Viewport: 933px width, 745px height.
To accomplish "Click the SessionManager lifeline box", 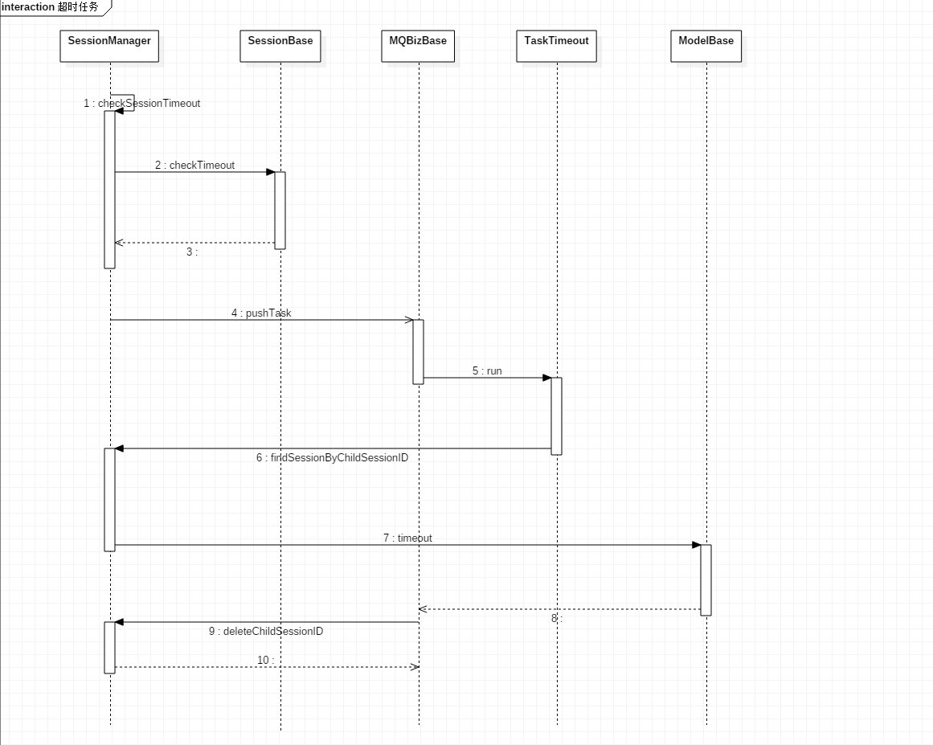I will point(109,46).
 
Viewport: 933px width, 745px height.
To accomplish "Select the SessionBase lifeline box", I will point(280,46).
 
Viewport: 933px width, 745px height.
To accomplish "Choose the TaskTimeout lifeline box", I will point(556,46).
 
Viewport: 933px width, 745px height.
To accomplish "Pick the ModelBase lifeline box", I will point(706,46).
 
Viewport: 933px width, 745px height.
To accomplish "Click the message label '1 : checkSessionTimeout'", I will point(142,104).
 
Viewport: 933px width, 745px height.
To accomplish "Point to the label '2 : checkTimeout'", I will point(195,166).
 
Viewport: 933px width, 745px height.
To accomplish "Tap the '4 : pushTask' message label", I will point(261,313).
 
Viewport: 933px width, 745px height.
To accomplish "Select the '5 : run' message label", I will point(487,371).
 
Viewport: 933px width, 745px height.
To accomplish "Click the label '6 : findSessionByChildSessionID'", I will point(333,458).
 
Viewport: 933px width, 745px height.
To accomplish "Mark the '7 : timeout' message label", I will point(407,538).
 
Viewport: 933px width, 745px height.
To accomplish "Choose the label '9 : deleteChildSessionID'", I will point(266,632).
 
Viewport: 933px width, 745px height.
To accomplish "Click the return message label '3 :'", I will point(192,252).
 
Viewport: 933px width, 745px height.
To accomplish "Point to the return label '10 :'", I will point(265,661).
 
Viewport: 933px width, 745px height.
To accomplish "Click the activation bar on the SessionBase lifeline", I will point(280,211).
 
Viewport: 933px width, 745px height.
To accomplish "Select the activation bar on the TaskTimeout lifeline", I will point(556,416).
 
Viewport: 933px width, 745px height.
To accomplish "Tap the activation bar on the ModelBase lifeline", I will point(706,580).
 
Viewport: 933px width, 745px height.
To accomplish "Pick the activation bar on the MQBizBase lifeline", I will point(418,352).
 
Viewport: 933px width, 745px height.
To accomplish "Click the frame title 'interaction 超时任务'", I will point(51,7).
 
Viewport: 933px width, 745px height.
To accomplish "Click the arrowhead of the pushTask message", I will point(409,320).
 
